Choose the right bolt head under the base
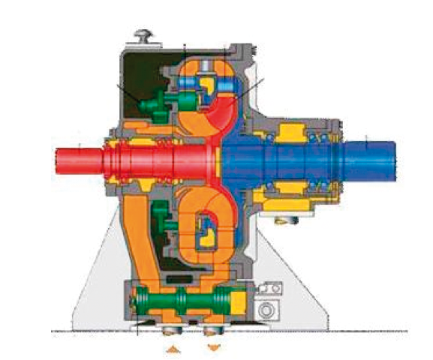215,329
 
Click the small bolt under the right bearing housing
284,220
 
